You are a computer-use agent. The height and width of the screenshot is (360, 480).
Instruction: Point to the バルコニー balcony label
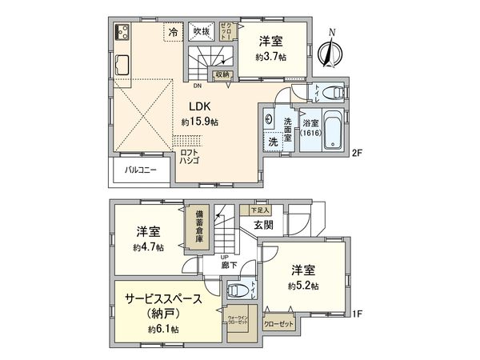pos(140,170)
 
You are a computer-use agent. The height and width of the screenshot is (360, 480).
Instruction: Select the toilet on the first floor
pos(237,289)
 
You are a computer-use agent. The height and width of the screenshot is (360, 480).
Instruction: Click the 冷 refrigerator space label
pos(173,32)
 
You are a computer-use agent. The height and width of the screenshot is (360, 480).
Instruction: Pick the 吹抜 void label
pos(201,32)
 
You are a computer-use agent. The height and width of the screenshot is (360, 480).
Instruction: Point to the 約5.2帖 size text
pos(304,286)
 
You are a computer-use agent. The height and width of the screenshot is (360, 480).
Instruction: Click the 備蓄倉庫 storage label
pos(197,226)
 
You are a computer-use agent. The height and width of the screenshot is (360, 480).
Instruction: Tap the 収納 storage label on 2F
pos(222,74)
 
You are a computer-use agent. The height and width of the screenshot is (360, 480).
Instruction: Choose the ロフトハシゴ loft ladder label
pos(192,155)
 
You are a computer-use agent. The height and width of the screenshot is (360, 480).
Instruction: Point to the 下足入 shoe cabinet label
pos(258,210)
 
